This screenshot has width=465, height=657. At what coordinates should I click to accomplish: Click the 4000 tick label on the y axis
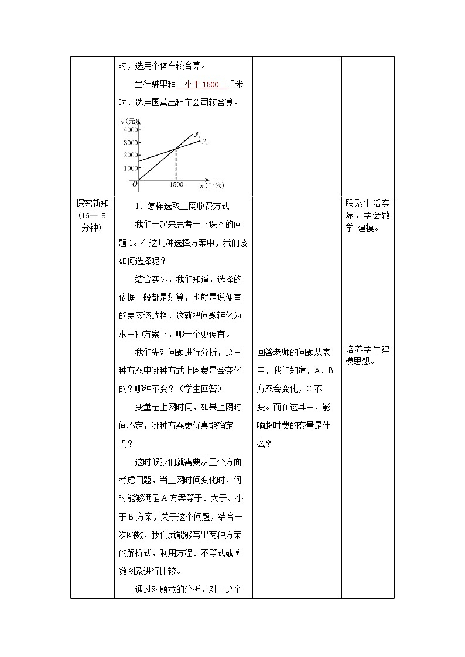131,129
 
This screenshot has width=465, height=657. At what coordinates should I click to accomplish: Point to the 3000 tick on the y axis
131,142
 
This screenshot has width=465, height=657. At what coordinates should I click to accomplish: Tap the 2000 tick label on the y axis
131,155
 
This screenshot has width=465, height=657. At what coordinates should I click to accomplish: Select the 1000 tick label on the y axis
131,168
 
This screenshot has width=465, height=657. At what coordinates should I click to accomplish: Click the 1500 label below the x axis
176,185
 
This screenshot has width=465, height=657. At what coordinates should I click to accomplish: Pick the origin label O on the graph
135,184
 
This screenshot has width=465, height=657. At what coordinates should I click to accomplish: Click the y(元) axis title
128,121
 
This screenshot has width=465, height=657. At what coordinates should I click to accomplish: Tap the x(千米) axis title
212,185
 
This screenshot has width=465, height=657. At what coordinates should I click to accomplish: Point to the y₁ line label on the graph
205,140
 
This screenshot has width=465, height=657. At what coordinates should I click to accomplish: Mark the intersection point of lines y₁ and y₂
176,149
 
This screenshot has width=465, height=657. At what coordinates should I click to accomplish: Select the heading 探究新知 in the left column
92,204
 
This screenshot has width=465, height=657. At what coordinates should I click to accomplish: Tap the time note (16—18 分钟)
92,222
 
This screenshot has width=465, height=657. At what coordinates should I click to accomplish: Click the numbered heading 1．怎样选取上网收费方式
182,206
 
